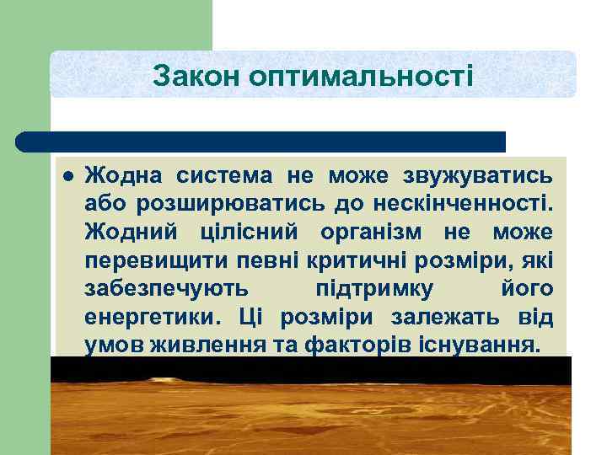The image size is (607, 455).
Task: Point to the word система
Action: click(225, 176)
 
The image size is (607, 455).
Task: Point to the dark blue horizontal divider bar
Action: click(261, 141)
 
